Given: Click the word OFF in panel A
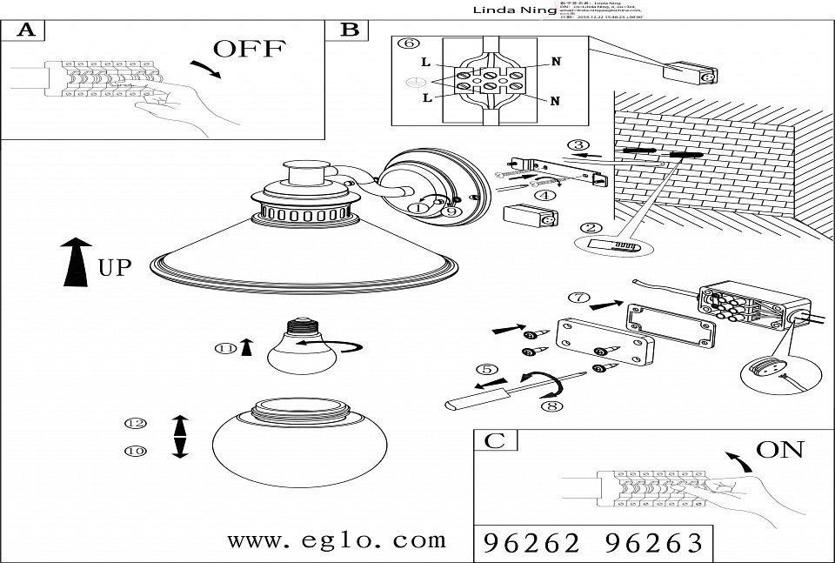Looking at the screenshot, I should pos(249,49).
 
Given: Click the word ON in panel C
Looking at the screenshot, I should pos(779,450).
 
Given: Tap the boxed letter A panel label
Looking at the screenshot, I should pos(26,31).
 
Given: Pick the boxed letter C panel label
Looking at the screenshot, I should pos(494,440).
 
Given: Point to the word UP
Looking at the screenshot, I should pos(115,268).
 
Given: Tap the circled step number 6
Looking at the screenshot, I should pos(409,44).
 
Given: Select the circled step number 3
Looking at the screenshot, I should pos(578,145).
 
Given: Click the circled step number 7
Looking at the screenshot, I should pos(578,297).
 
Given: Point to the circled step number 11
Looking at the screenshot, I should pos(226,349).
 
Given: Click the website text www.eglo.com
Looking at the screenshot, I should pos(336,540).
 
